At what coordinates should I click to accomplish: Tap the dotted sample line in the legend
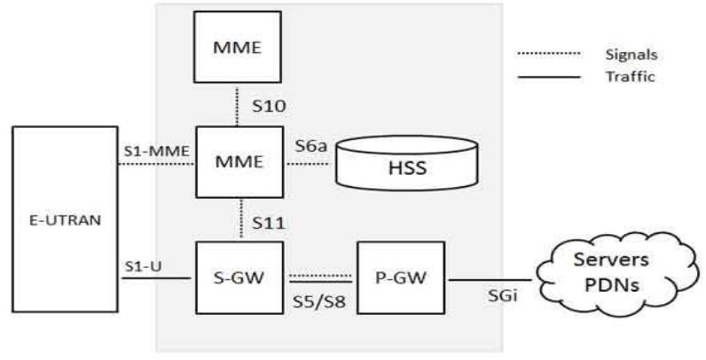pos(547,54)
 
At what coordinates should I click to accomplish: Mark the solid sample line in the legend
pos(547,76)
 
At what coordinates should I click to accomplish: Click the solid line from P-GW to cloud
pos(491,279)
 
